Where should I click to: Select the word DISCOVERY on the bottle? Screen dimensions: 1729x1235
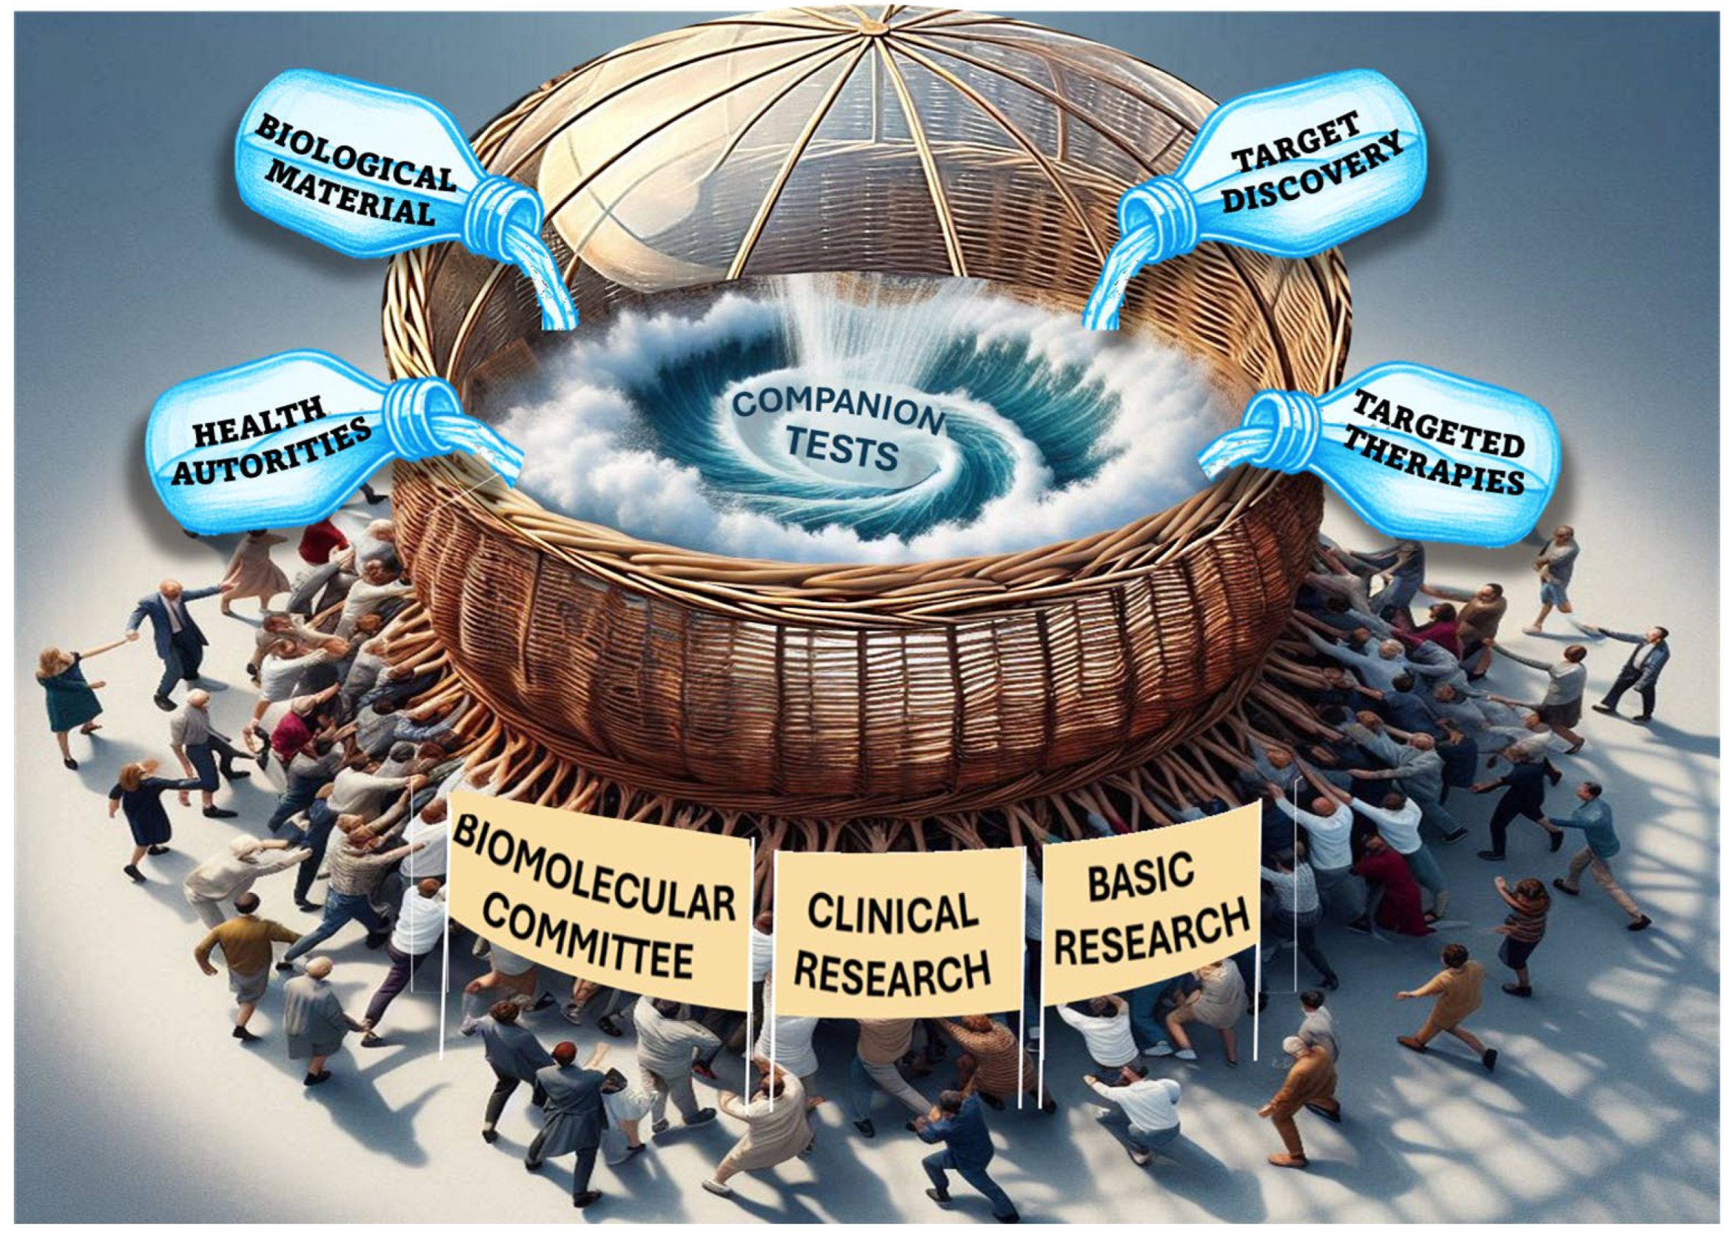[x=1316, y=173]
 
